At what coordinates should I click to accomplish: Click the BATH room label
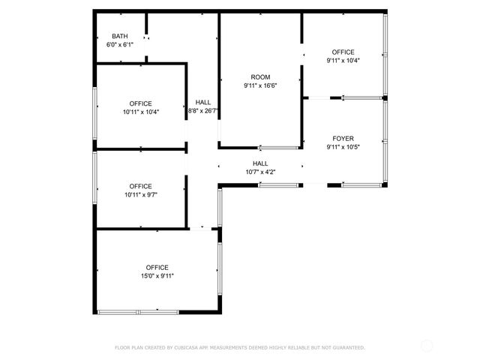tap(119, 37)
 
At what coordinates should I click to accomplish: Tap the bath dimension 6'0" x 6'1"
tap(119, 45)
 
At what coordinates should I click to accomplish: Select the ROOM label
tap(260, 77)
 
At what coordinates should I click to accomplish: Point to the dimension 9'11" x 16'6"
tap(260, 85)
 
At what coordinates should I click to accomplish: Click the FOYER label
tap(343, 139)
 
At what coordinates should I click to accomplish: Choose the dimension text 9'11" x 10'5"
tap(343, 147)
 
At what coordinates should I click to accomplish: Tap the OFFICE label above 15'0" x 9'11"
tap(157, 268)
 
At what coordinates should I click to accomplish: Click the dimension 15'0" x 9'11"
tap(157, 276)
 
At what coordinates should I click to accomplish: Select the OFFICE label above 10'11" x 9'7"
tap(140, 186)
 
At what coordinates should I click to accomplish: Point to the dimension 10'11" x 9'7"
tap(140, 194)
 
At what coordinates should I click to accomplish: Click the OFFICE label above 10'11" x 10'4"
tap(140, 103)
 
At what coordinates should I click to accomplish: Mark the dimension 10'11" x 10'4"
tap(140, 112)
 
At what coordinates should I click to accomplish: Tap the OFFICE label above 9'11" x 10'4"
tap(343, 52)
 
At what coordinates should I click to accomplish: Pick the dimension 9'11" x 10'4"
tap(343, 61)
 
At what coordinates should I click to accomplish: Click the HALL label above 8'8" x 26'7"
tap(203, 102)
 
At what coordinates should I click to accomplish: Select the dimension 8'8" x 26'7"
tap(203, 111)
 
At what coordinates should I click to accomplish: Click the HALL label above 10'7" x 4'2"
tap(260, 163)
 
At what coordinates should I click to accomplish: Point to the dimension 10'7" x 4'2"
tap(260, 172)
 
